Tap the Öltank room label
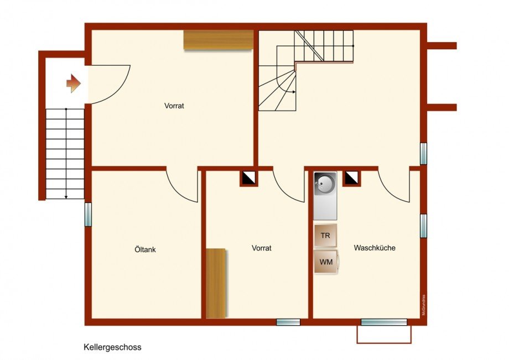[x=146, y=250]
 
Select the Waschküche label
[x=375, y=248]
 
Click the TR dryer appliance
[x=325, y=236]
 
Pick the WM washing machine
[x=326, y=262]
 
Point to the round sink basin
[x=324, y=182]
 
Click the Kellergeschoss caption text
[x=112, y=348]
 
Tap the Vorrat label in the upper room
[x=174, y=106]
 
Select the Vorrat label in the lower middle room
[x=261, y=249]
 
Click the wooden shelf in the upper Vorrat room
[x=219, y=40]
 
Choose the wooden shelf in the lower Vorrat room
[x=216, y=283]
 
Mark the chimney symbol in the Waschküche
[x=351, y=178]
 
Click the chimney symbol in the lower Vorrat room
[x=248, y=178]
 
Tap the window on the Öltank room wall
[x=88, y=214]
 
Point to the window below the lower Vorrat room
[x=288, y=322]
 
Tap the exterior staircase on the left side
[x=65, y=153]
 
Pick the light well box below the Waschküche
[x=384, y=333]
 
